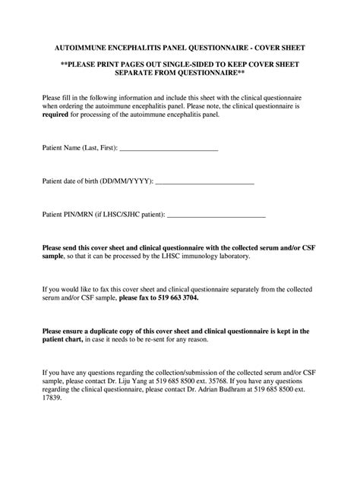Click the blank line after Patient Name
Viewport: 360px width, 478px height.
coord(169,150)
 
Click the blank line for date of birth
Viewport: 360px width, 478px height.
coord(205,184)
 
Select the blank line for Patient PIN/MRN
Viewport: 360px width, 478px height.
coord(216,217)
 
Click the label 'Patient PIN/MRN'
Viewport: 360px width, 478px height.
coord(68,216)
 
